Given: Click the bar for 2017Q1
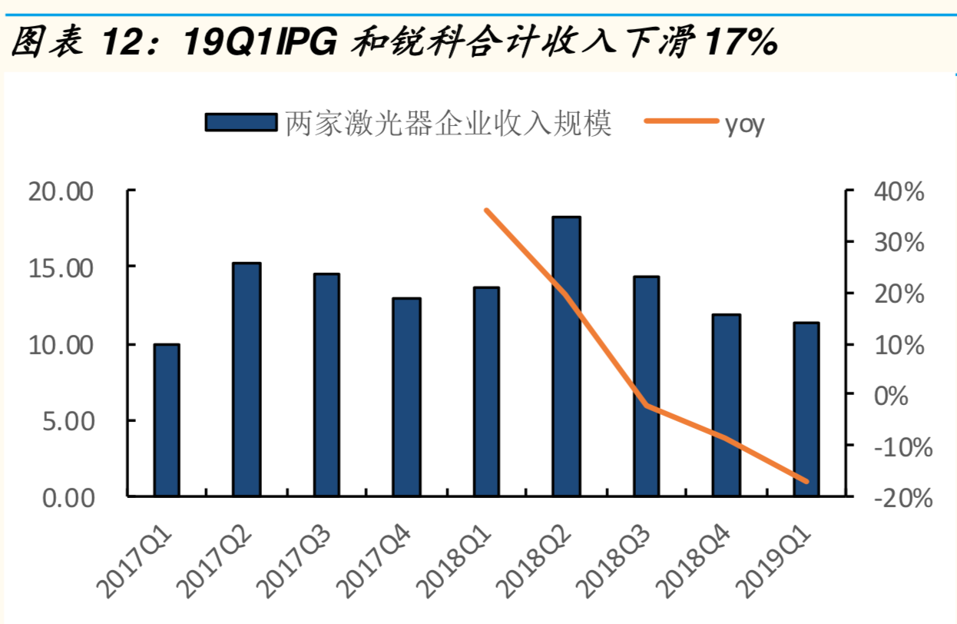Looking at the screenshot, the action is click(x=167, y=420).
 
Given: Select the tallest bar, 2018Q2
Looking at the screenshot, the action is click(x=567, y=356).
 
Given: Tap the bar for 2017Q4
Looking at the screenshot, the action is click(x=407, y=397).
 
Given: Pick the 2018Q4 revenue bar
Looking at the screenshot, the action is click(x=727, y=405).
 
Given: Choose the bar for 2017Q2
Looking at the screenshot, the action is click(x=247, y=379).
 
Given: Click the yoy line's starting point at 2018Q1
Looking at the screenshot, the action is click(x=487, y=211).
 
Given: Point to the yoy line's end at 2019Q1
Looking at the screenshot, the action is click(x=806, y=481).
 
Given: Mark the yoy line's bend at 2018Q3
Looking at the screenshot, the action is click(x=647, y=405).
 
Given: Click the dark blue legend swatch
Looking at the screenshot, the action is click(x=241, y=122).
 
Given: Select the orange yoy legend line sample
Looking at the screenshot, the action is click(x=681, y=121).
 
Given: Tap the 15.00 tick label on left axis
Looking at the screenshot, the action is click(x=60, y=269).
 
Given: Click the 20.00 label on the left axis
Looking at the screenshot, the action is click(x=60, y=192).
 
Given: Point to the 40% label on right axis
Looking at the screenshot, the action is click(x=899, y=191).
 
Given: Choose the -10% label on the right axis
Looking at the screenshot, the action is click(x=903, y=447).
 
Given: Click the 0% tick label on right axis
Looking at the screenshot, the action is click(x=891, y=396).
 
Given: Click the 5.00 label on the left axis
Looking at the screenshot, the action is click(x=68, y=422).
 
